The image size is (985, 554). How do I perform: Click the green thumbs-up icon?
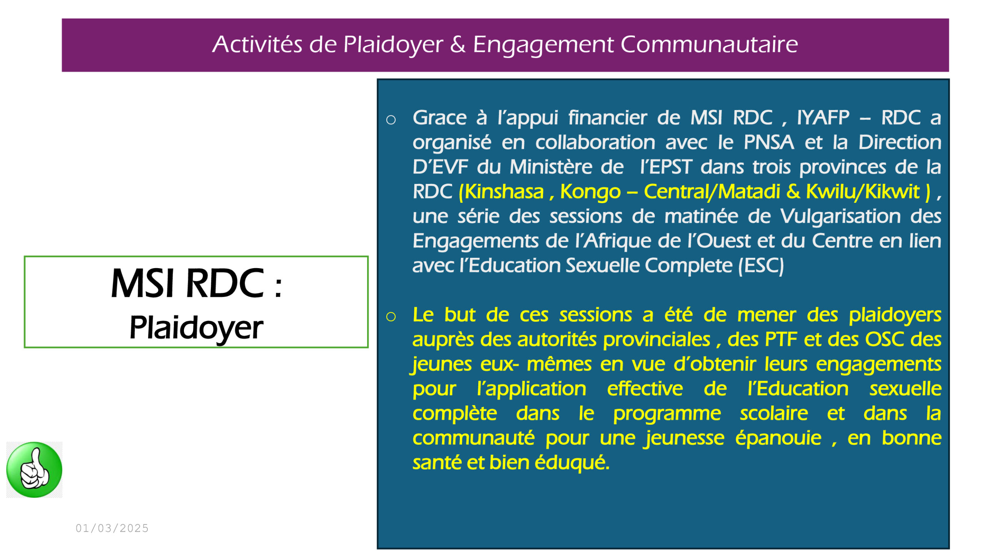[34, 470]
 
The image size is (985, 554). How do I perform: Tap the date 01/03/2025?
[112, 528]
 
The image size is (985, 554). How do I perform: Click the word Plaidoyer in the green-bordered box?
[196, 327]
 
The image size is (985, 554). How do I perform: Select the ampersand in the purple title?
[457, 44]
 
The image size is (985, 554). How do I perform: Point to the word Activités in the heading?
[257, 44]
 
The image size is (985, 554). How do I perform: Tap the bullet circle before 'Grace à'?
[391, 120]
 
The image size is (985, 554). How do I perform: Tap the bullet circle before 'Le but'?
[391, 317]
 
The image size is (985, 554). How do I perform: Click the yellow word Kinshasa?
[504, 192]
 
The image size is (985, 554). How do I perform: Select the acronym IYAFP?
[823, 117]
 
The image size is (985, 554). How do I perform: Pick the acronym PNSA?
[769, 142]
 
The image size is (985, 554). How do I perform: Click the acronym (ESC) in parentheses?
[761, 265]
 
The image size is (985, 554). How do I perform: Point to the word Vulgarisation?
[840, 216]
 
